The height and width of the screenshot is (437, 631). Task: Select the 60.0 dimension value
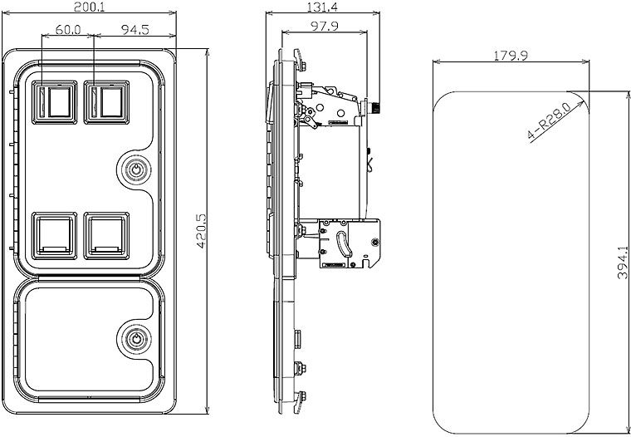click(66, 30)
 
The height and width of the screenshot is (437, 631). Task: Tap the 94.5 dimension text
click(135, 30)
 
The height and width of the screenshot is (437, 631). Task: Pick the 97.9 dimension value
click(325, 27)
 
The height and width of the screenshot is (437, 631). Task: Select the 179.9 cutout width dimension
click(511, 56)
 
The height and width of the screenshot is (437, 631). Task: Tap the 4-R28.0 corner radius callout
click(549, 120)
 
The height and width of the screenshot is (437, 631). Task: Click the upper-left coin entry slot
click(53, 101)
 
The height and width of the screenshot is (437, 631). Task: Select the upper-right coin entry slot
click(106, 101)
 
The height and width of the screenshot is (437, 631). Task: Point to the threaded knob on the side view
click(375, 107)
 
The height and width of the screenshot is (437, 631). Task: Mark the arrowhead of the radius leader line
click(586, 92)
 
